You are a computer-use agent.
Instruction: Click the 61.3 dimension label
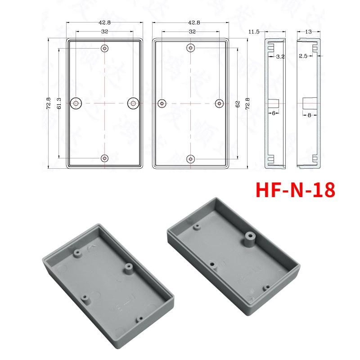tap(59, 103)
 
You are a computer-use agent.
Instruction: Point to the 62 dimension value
tap(237, 103)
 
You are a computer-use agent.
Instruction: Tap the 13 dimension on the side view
tap(308, 31)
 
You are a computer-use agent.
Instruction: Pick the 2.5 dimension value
tap(302, 56)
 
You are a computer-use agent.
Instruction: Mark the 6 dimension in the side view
tap(273, 114)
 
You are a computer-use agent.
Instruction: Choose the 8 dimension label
tap(310, 115)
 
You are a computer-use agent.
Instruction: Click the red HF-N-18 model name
tap(295, 190)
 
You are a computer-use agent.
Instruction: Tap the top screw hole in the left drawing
tap(105, 48)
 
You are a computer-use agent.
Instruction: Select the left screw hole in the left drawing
tap(76, 103)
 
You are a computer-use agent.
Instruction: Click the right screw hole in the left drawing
tap(133, 103)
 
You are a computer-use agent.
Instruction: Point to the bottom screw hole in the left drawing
tap(105, 158)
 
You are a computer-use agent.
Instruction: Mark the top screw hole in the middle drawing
tap(191, 48)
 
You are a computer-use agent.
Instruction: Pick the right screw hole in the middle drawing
tap(219, 103)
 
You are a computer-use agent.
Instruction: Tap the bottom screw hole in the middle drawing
tap(191, 159)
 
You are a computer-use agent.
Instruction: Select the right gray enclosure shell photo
tap(234, 265)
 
